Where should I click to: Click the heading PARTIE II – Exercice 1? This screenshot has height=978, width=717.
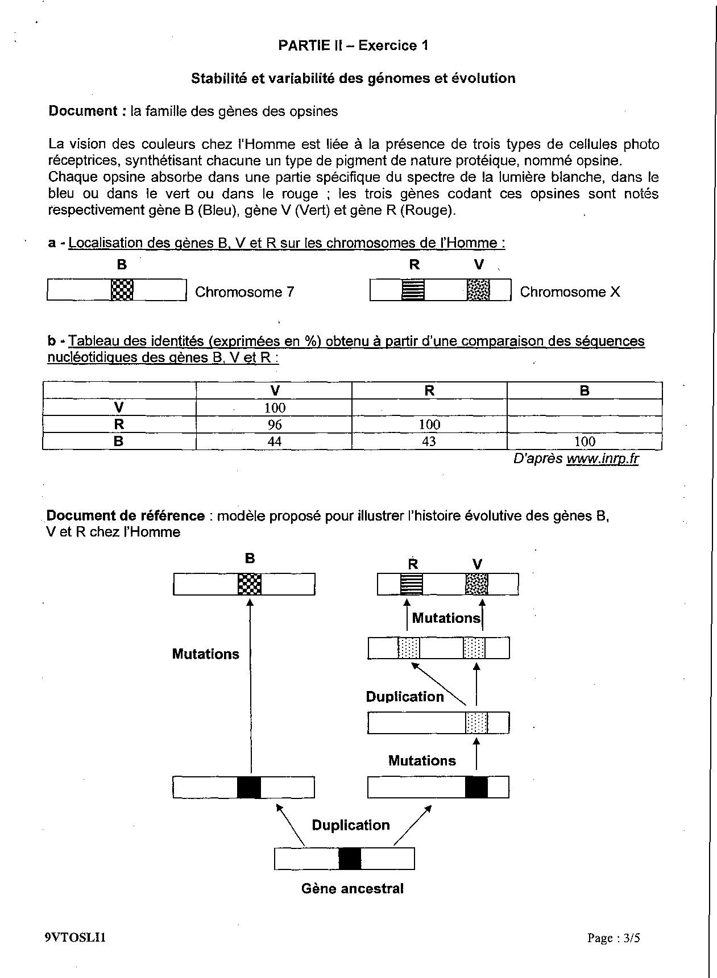(x=353, y=46)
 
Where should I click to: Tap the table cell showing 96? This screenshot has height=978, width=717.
(x=274, y=425)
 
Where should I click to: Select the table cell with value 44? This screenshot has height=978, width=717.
(x=274, y=442)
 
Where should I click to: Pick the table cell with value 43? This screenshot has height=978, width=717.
(x=429, y=442)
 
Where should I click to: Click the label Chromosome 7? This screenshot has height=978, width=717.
(x=244, y=292)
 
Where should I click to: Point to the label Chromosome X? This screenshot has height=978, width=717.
(x=570, y=292)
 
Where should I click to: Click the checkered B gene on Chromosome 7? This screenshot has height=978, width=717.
(x=122, y=290)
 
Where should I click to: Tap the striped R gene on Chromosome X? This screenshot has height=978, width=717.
(x=413, y=290)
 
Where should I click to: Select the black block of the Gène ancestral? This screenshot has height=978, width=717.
(x=350, y=859)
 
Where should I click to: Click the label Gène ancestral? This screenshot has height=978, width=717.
(x=353, y=889)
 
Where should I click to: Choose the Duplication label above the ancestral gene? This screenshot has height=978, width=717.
(x=351, y=825)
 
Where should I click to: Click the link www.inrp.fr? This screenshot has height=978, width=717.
(x=602, y=459)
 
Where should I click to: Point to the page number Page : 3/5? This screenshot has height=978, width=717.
(x=614, y=938)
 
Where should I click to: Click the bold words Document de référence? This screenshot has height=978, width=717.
(x=126, y=516)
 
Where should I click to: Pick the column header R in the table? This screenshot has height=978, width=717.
(x=429, y=390)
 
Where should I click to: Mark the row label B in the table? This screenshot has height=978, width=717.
(x=119, y=442)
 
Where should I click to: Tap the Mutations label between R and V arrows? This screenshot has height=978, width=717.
(x=446, y=618)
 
